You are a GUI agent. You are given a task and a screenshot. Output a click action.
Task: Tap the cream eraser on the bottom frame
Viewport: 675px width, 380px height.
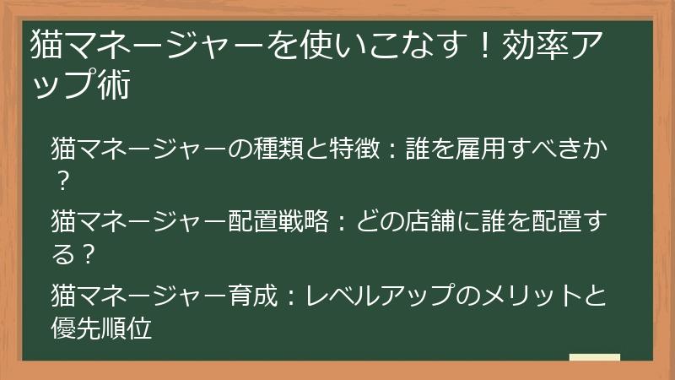pos(594,358)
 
